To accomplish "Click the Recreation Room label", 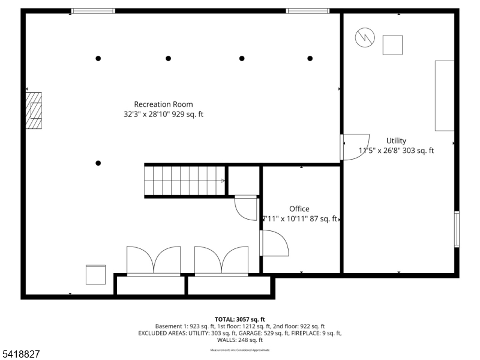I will (x=163, y=104).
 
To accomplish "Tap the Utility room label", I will (x=396, y=141).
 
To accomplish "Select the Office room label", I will (x=299, y=209).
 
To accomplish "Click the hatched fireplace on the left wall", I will (x=34, y=110).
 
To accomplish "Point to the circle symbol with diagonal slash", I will (x=364, y=38).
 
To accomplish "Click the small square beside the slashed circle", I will (x=392, y=45).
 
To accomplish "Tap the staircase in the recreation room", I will (x=184, y=181).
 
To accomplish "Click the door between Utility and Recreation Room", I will (x=353, y=147).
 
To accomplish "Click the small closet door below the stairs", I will (x=245, y=207).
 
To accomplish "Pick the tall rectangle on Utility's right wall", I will (x=444, y=95).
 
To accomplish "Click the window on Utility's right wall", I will (x=457, y=229).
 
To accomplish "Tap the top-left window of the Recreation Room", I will (x=93, y=11).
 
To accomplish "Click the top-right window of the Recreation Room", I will (x=307, y=11).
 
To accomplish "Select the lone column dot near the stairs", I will (x=98, y=163).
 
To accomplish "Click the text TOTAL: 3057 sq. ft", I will (x=239, y=319).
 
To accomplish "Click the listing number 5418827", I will (x=21, y=355).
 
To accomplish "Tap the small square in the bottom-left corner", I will (x=95, y=275).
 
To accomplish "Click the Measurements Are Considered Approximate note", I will (x=239, y=350).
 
